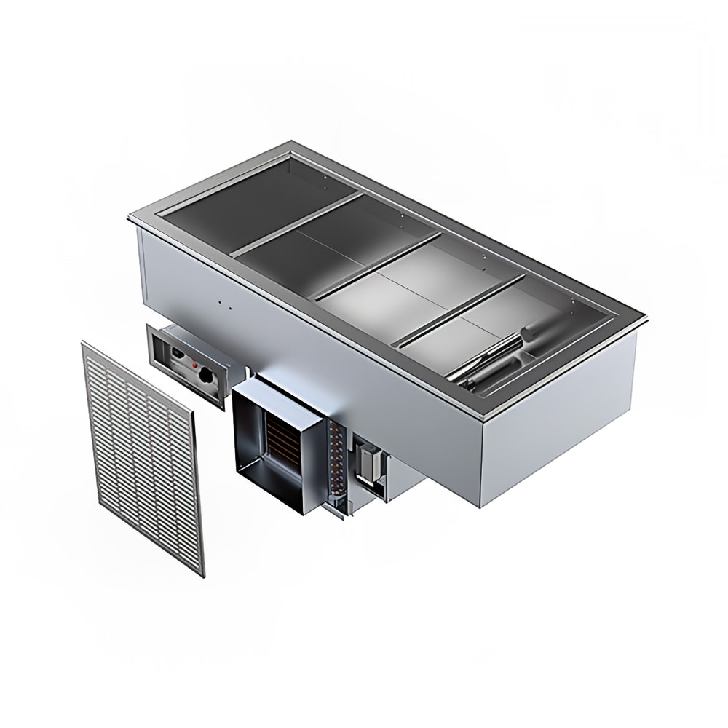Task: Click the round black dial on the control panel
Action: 208,376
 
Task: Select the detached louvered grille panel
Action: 143,456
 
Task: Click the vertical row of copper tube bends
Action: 336,459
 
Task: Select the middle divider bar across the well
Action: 379,265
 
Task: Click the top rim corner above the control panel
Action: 132,217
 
